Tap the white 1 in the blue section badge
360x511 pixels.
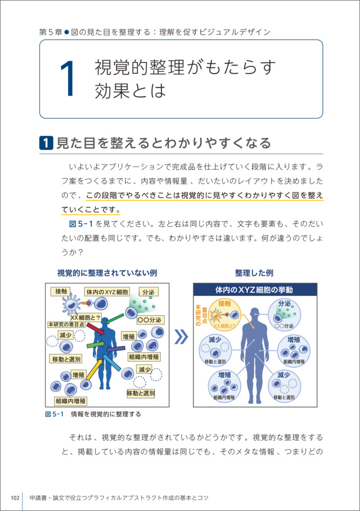pos(46,143)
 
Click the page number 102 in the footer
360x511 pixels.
pos(15,498)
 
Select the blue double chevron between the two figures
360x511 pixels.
pos(181,337)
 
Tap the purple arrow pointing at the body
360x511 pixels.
pos(115,349)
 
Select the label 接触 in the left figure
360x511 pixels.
pos(61,291)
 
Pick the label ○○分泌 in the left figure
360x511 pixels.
pos(150,320)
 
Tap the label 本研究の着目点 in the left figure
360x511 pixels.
pos(66,324)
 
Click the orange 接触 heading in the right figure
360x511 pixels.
pos(225,304)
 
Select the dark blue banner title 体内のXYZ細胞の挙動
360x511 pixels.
pos(254,290)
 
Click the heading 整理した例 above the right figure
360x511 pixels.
pos(254,273)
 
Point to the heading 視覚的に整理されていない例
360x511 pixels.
pos(107,273)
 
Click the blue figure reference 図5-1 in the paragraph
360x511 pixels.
pos(81,224)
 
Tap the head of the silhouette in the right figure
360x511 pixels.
pos(255,314)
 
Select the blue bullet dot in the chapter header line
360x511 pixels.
pos(67,32)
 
